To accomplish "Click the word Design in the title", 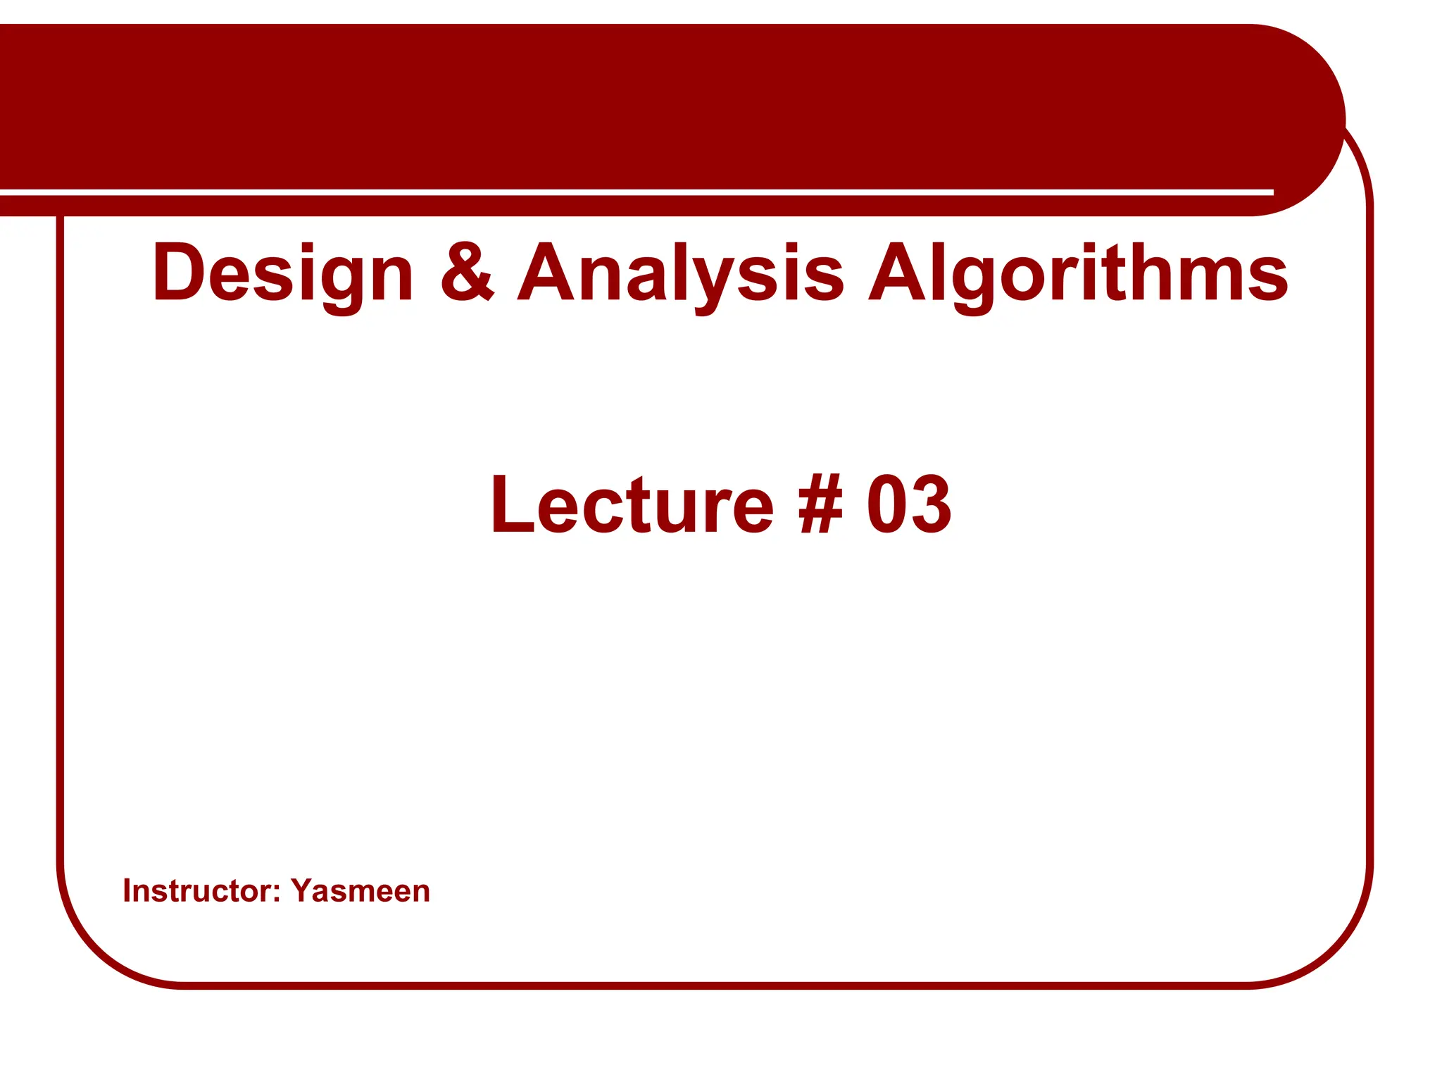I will (x=282, y=273).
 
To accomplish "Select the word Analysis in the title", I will (x=680, y=273).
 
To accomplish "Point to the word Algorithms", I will (x=1078, y=273).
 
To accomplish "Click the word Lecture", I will (x=632, y=504).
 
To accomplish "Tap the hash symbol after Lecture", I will (x=820, y=504).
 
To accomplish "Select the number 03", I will (x=909, y=504).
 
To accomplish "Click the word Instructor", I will (x=197, y=890).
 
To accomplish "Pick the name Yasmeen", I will (x=360, y=890).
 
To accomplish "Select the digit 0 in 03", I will (x=886, y=504).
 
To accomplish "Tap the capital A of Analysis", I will (x=547, y=272).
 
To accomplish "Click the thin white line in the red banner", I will (x=634, y=192).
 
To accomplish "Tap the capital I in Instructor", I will (x=127, y=890).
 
